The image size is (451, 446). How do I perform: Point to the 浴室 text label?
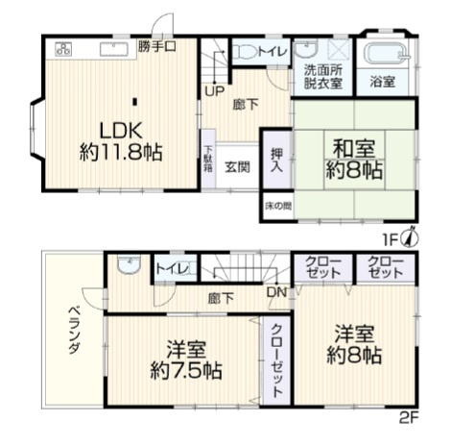coord(382,83)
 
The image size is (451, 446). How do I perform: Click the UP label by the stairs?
coord(213,92)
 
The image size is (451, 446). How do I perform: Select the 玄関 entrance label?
coord(238,165)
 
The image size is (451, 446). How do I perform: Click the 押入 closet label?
coord(275,160)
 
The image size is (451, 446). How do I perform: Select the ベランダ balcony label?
coord(74,335)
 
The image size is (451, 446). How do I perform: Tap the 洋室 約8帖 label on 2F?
coord(358,344)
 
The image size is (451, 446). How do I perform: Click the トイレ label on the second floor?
coord(172,267)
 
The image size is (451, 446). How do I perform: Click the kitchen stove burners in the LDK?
coord(64,48)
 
